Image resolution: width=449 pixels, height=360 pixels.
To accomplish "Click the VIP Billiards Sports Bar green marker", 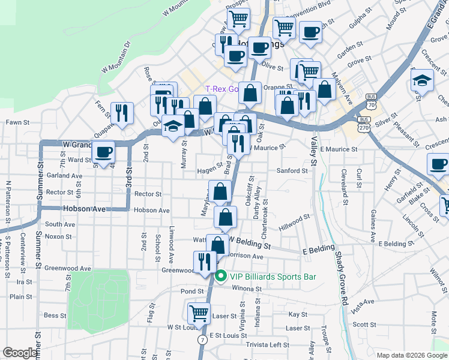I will click(220, 277).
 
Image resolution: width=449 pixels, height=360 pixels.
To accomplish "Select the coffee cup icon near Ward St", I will click(104, 152).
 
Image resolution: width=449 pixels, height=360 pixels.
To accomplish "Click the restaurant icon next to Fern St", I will click(122, 112).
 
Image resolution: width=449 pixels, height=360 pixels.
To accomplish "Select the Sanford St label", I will click(292, 170).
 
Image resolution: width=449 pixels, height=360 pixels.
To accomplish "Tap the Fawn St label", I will click(13, 122).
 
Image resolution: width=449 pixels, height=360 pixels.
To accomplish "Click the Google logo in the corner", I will click(20, 353).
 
